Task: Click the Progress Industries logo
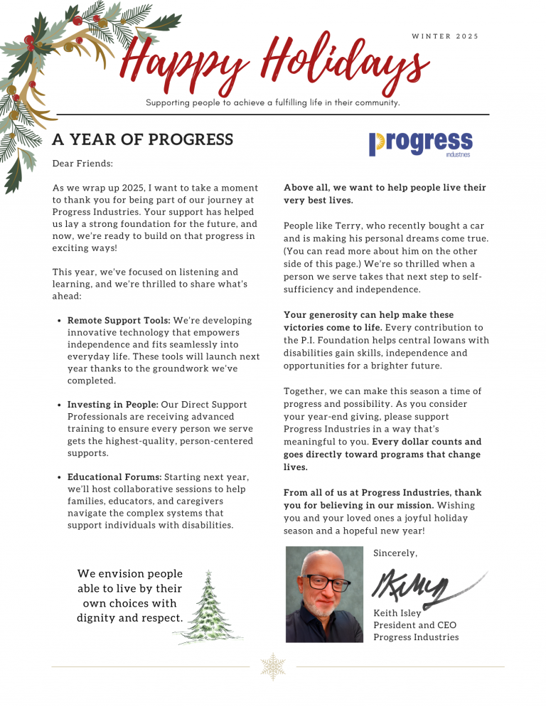click(420, 143)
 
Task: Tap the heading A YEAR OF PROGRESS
click(142, 139)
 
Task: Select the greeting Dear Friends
click(82, 164)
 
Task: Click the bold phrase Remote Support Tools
click(119, 321)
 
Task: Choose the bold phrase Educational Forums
click(114, 477)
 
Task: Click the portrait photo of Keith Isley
click(324, 594)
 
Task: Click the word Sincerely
click(395, 553)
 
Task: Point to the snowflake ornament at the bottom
click(273, 666)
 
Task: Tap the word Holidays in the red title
click(341, 61)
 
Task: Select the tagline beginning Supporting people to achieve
click(273, 103)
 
